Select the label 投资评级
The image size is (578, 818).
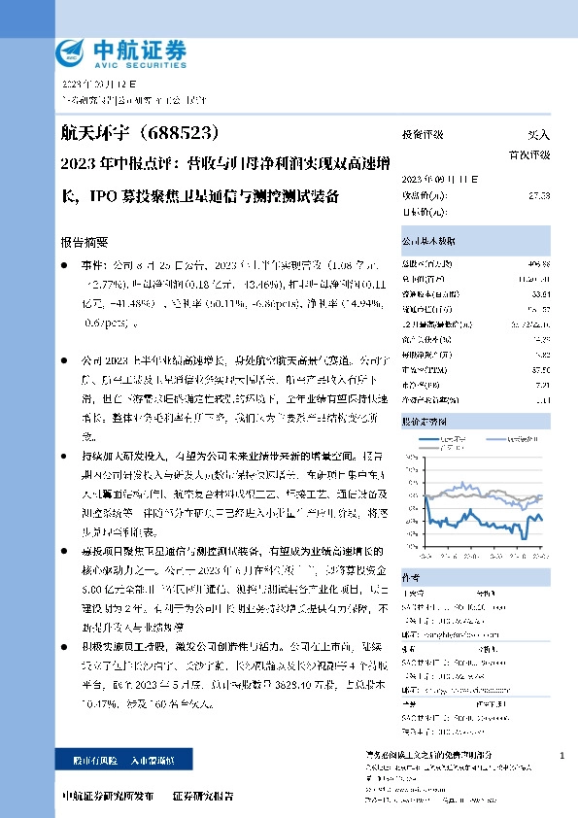[423, 136]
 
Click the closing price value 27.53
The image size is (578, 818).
[539, 196]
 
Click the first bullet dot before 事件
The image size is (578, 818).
[64, 262]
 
